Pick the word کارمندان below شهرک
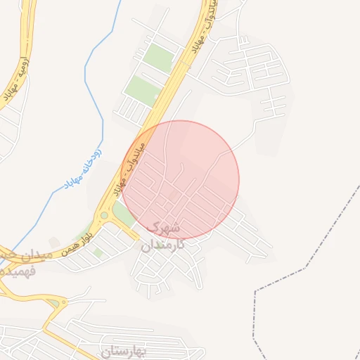click(x=162, y=245)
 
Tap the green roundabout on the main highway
click(x=104, y=215)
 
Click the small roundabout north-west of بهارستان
click(x=54, y=303)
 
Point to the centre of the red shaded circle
click(x=181, y=180)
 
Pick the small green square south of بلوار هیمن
click(x=98, y=252)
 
